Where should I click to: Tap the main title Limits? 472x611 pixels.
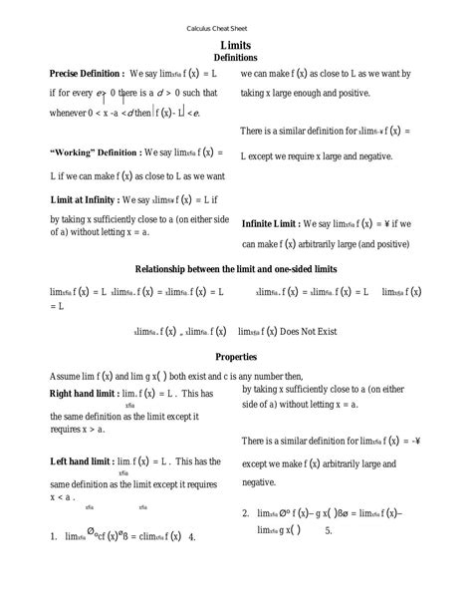[236, 46]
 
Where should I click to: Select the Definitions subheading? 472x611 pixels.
[236, 60]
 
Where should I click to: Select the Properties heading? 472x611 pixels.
[236, 356]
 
